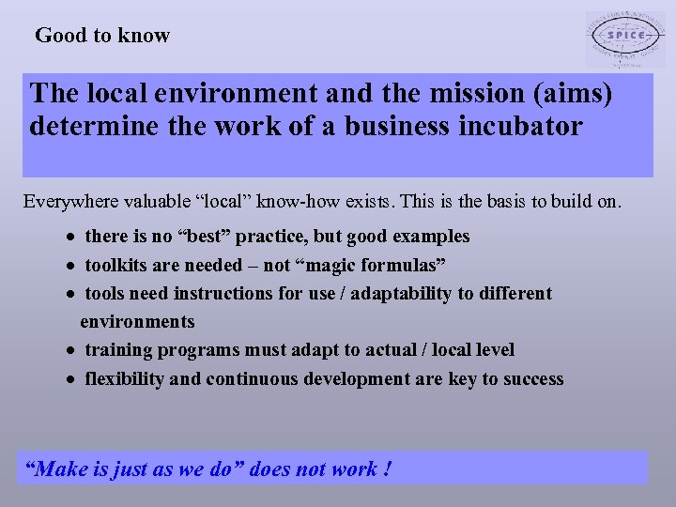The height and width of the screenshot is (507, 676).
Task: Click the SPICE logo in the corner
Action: (624, 39)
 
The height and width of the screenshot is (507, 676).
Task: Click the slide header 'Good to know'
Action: (102, 36)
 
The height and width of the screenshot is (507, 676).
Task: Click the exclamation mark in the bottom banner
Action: (387, 469)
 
